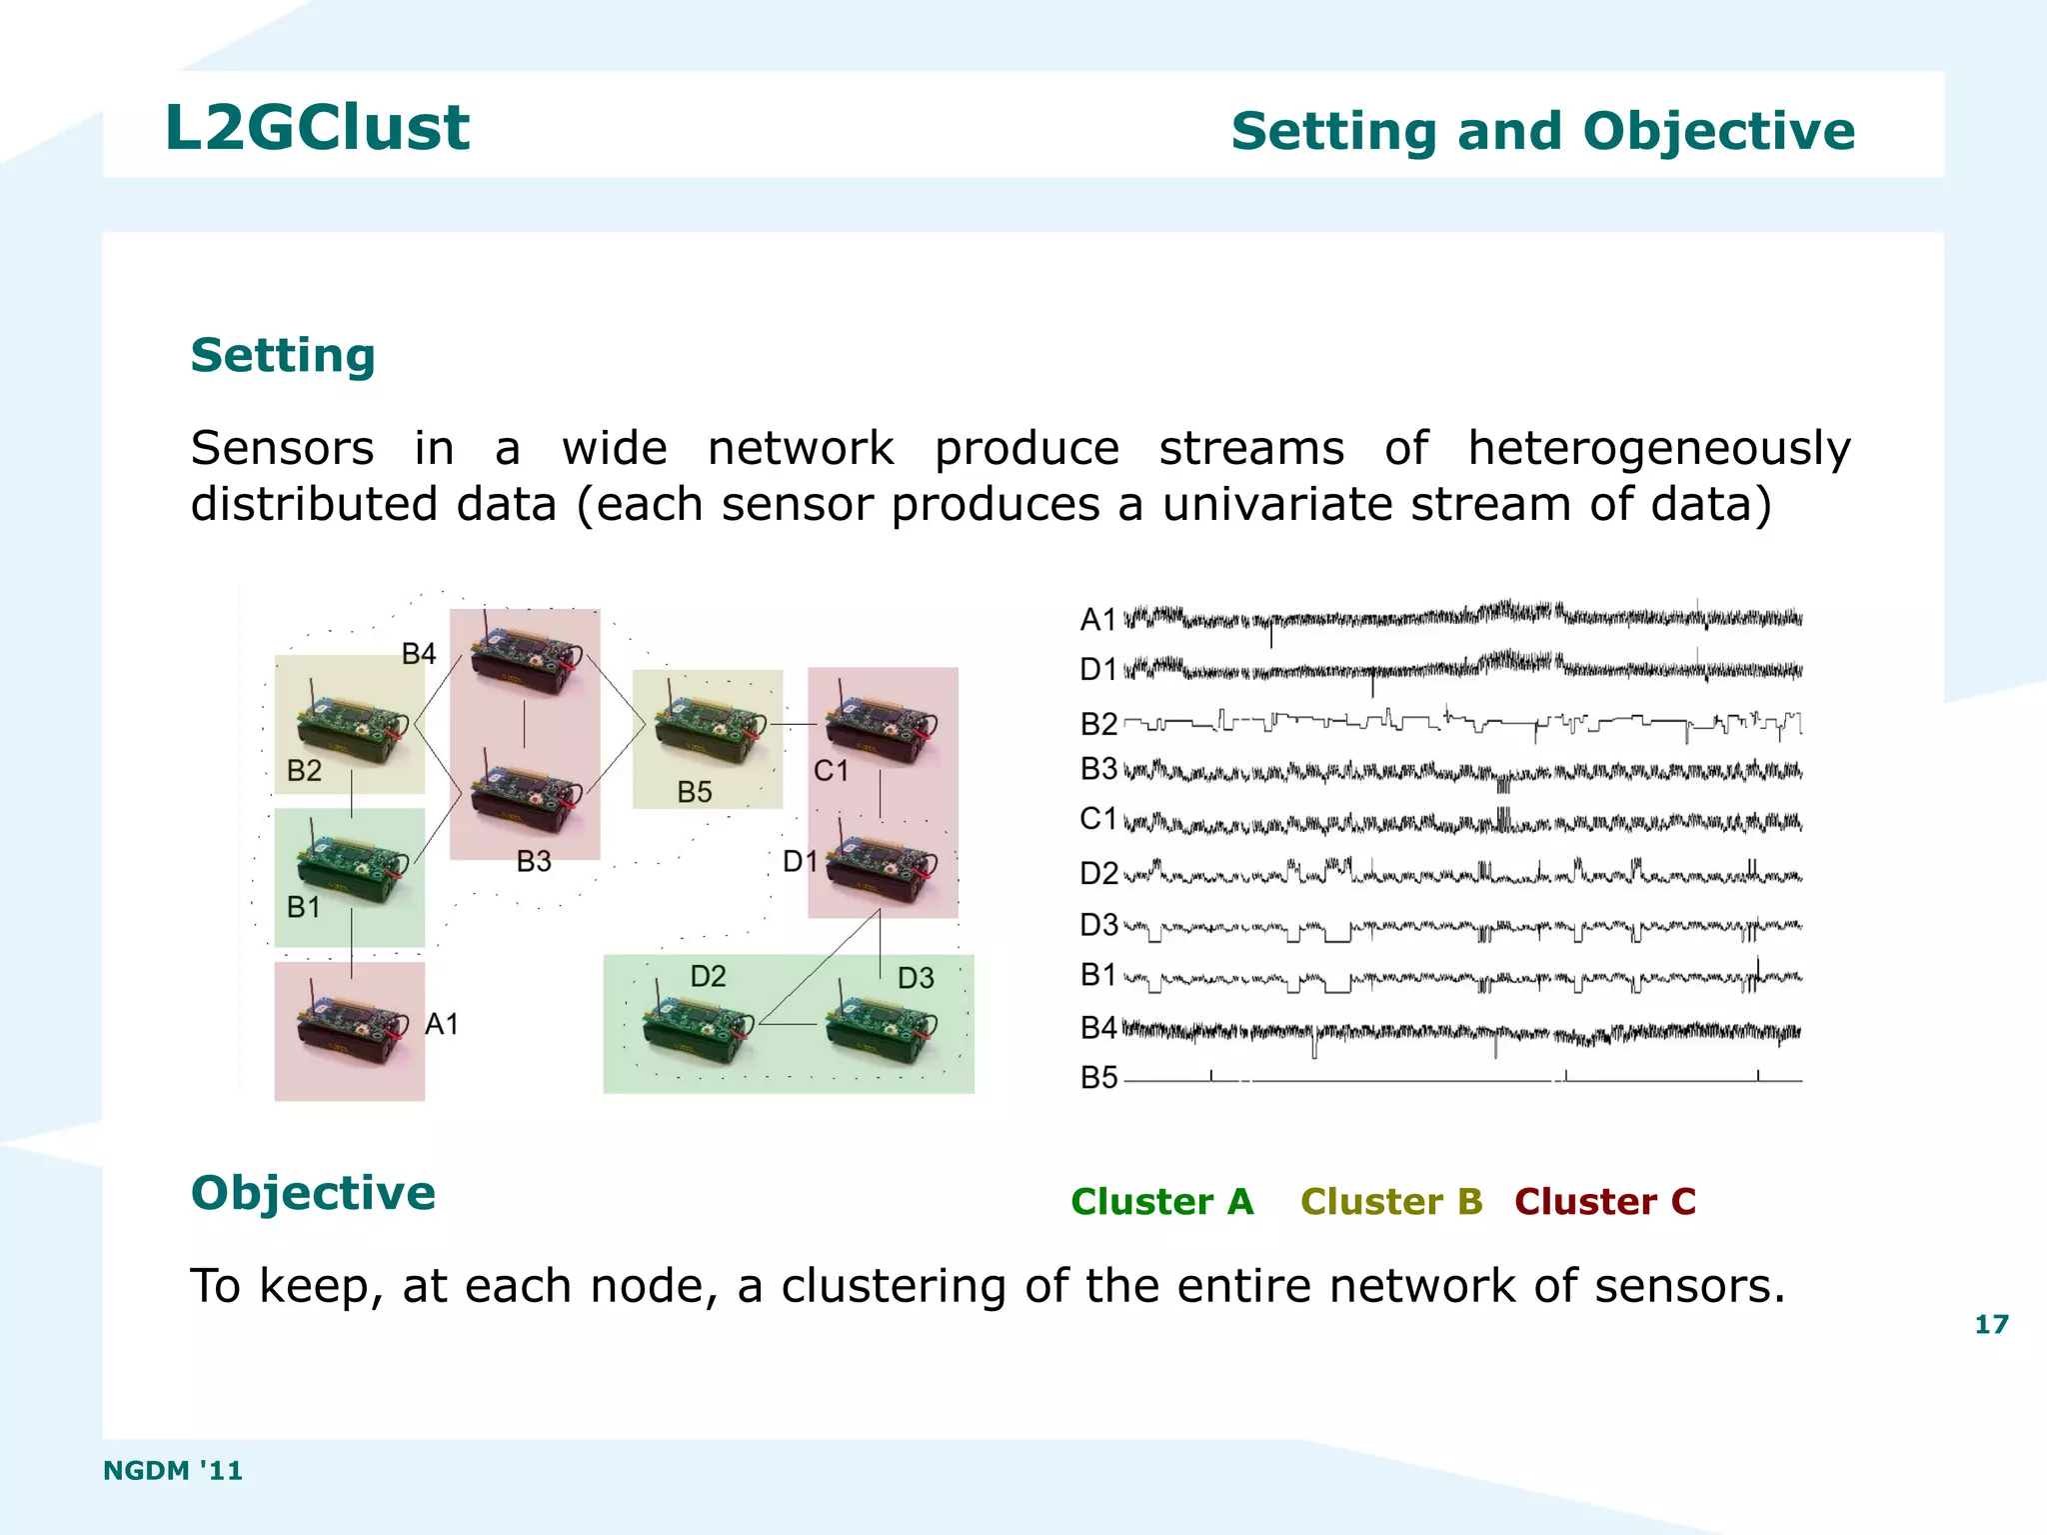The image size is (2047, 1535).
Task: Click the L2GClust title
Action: (317, 128)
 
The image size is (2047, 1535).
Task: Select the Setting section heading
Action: (283, 356)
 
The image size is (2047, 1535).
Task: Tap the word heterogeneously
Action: (1658, 448)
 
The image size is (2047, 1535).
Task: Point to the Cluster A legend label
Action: (1161, 1201)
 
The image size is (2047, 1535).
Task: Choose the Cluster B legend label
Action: (1391, 1201)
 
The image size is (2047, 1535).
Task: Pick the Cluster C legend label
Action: (1605, 1201)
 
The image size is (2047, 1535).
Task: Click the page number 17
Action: (1991, 1324)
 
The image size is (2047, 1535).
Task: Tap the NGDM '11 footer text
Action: (173, 1470)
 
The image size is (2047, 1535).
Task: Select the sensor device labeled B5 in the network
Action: (709, 729)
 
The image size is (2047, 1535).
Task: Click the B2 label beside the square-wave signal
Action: (1098, 723)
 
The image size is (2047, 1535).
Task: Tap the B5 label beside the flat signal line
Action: (1098, 1078)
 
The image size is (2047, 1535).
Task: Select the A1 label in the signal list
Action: (1097, 620)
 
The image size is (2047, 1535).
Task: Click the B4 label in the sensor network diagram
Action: (419, 654)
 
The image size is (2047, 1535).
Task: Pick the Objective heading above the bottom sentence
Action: (313, 1193)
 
